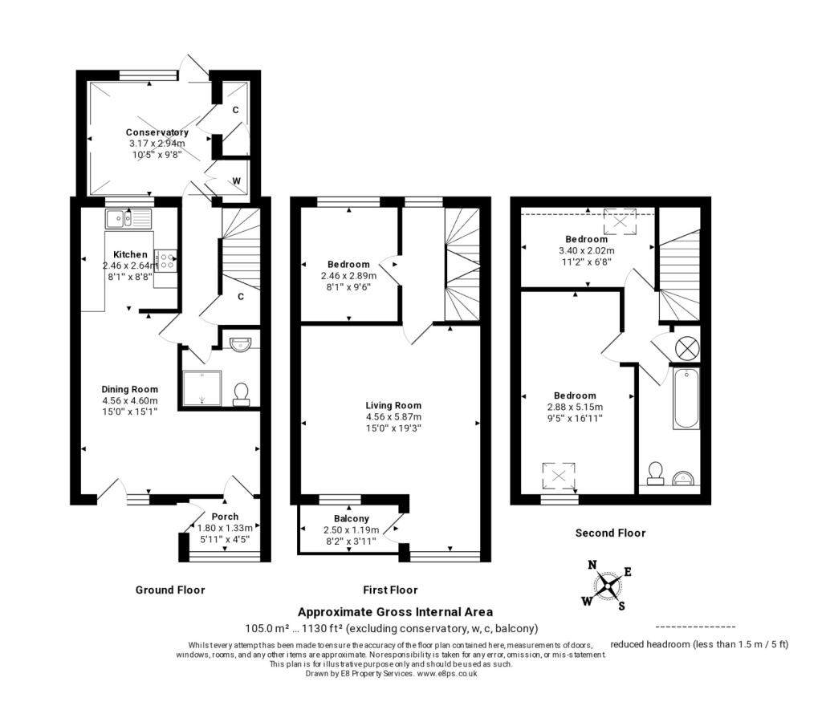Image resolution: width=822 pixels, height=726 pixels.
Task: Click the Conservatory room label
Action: (157, 132)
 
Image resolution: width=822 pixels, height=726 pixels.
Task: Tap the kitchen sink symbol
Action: (128, 218)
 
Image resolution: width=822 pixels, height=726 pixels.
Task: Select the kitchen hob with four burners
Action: (167, 261)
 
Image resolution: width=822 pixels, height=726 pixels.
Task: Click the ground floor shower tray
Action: (201, 387)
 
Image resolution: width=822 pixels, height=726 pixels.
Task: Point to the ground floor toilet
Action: (241, 394)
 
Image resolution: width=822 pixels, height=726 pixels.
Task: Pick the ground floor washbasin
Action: (241, 343)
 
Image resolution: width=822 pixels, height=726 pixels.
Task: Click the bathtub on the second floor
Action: (686, 399)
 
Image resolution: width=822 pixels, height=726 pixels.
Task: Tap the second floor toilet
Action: (655, 473)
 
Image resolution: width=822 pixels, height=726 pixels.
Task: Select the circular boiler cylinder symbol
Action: (687, 348)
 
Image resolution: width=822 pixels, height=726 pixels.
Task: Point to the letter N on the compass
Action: (592, 565)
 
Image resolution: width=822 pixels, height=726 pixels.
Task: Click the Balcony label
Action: (352, 518)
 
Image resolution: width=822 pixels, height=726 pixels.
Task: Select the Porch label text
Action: (225, 517)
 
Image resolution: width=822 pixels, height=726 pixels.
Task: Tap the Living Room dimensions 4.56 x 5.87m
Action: (393, 417)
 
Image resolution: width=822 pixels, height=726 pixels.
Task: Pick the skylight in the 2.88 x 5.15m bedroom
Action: (559, 477)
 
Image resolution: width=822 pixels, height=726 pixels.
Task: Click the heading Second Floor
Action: (610, 533)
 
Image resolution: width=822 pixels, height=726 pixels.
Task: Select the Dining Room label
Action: (129, 389)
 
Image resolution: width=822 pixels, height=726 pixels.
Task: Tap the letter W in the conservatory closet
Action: (237, 181)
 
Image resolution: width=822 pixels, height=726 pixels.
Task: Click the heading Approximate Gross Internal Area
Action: (395, 612)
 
